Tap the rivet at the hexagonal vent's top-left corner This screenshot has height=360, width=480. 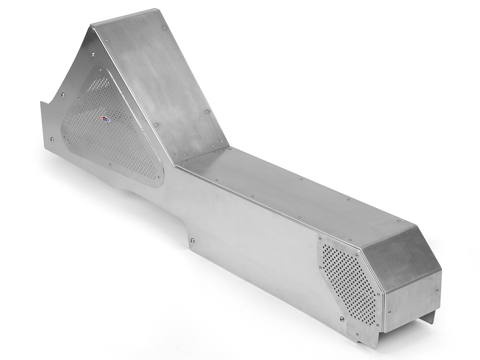(x=321, y=238)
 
